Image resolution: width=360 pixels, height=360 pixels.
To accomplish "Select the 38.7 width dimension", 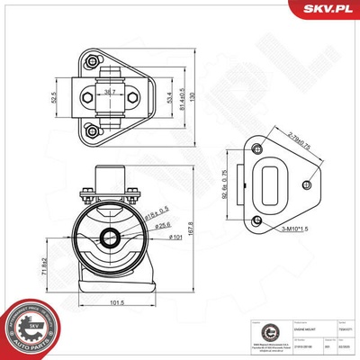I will (110, 90).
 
